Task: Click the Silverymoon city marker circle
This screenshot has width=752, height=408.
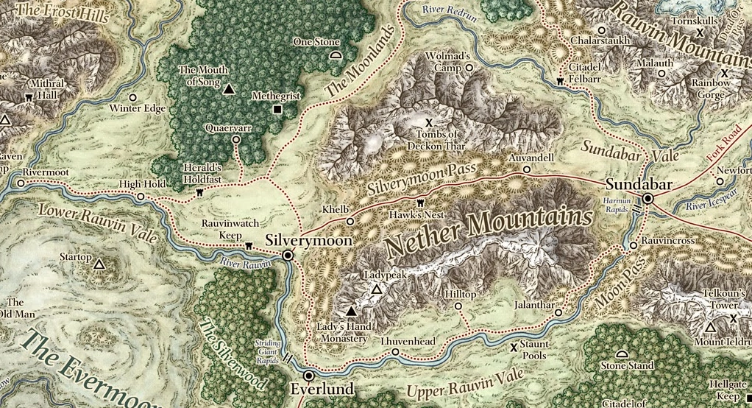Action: click(288, 255)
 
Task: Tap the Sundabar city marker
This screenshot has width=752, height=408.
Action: click(648, 198)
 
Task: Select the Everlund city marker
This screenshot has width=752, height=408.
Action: click(309, 374)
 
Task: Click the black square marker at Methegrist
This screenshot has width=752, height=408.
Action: click(277, 110)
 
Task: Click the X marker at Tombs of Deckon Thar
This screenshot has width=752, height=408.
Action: click(429, 121)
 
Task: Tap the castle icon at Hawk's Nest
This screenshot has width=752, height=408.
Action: click(422, 203)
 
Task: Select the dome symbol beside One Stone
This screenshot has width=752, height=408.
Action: click(336, 54)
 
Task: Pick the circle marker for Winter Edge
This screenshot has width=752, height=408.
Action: click(133, 97)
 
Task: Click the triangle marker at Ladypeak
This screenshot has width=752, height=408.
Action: click(376, 290)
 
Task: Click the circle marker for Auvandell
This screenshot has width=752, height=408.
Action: click(526, 169)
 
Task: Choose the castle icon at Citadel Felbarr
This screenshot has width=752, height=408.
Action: click(561, 80)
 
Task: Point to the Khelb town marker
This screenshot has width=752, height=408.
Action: click(350, 220)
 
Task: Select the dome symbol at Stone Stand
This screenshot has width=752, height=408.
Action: click(622, 354)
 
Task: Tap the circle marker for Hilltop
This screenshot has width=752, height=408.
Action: click(458, 306)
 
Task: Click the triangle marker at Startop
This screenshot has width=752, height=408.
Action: click(99, 262)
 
